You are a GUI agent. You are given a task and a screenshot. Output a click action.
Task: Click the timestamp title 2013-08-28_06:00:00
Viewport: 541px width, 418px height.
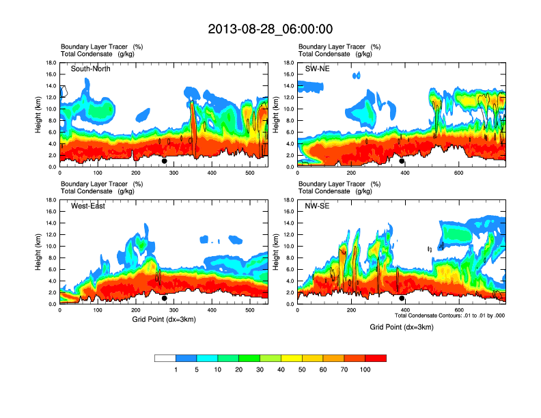point(270,29)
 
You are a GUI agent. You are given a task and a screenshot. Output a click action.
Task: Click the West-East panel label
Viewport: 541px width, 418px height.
point(88,206)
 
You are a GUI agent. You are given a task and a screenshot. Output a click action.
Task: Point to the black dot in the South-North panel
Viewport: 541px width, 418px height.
point(165,161)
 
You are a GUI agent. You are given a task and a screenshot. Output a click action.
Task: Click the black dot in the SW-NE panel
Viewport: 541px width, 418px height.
point(402,161)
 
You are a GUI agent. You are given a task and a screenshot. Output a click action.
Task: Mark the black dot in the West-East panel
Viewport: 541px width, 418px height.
point(165,298)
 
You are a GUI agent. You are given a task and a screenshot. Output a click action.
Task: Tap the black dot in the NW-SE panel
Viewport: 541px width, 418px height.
point(402,298)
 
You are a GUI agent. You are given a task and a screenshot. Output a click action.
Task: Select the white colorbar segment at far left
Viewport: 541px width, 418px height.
point(165,358)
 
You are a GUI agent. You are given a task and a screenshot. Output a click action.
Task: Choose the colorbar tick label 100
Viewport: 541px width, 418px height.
point(365,370)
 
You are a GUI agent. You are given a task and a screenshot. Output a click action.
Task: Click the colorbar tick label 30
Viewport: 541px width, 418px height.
point(260,370)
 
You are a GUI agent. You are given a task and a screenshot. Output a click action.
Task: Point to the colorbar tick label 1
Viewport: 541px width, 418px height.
point(176,370)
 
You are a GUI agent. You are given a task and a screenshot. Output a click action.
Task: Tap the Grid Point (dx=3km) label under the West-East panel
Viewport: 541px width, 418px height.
point(163,319)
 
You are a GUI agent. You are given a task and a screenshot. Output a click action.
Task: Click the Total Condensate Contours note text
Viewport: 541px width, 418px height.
point(448,316)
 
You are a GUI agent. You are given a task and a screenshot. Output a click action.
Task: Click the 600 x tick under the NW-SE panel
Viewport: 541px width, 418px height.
point(458,310)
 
